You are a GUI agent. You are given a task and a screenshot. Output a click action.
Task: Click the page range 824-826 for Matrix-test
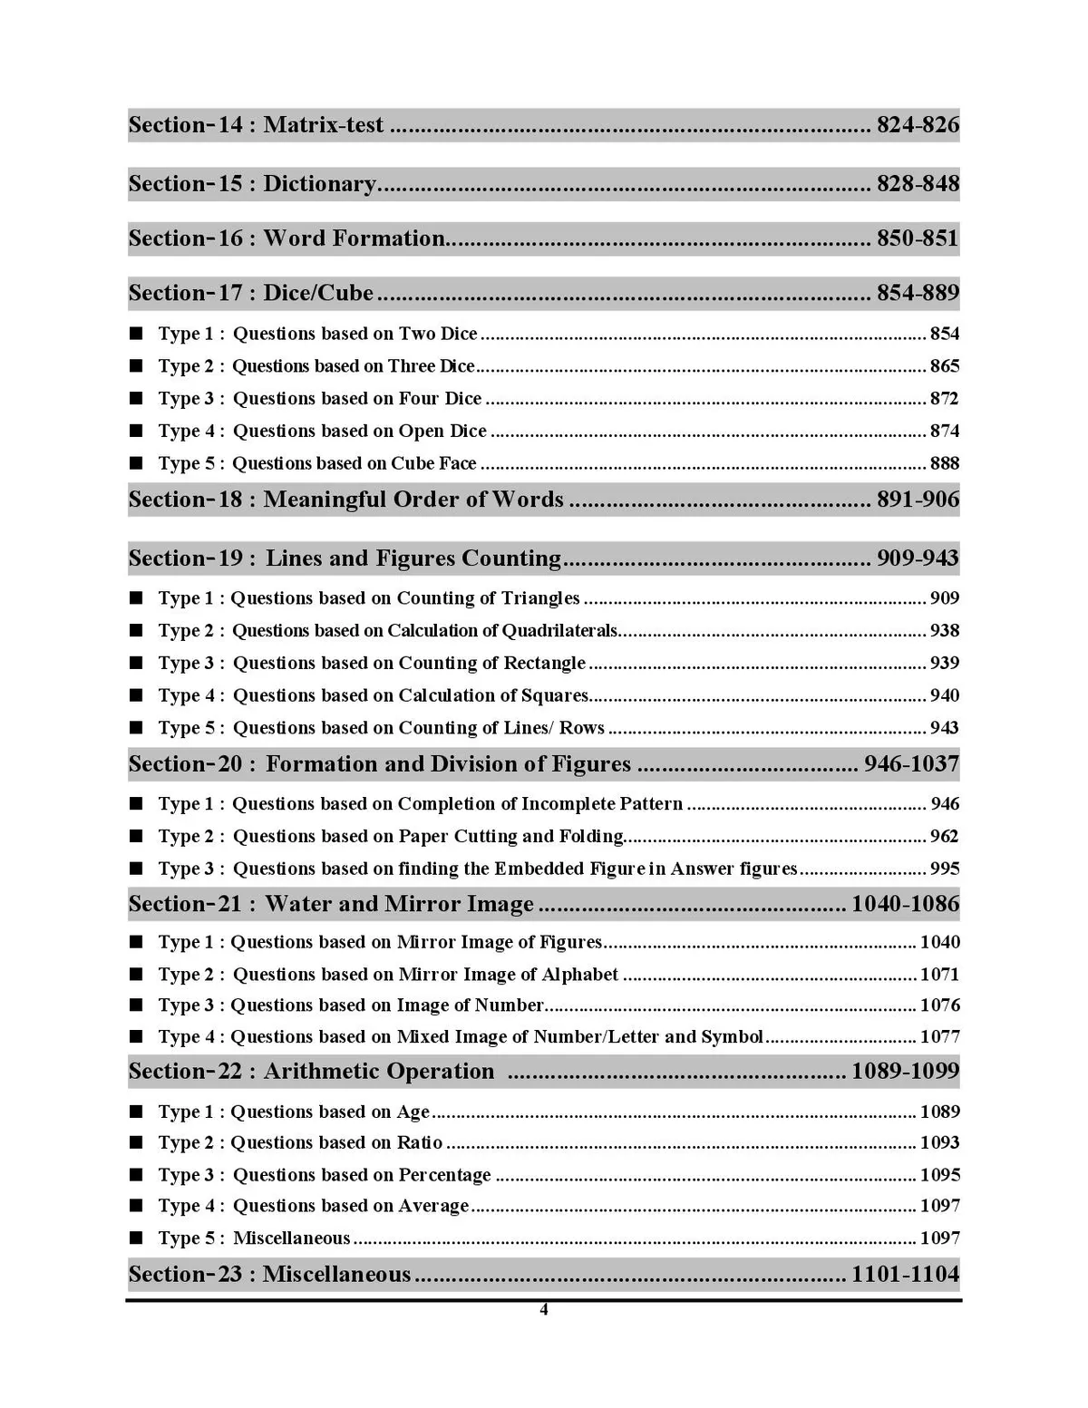tap(917, 125)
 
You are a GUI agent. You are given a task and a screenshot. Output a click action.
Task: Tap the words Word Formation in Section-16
tap(354, 238)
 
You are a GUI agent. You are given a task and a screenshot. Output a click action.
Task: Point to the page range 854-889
tap(917, 293)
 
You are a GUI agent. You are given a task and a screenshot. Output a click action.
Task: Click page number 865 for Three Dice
tap(944, 366)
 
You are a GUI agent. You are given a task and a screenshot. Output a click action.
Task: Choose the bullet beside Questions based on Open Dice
tap(136, 432)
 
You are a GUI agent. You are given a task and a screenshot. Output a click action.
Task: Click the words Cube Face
tap(433, 463)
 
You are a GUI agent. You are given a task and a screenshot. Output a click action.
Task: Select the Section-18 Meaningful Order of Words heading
tap(345, 500)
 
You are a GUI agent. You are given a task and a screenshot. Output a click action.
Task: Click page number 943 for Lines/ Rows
tap(944, 728)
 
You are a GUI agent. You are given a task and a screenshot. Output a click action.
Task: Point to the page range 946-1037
tap(910, 764)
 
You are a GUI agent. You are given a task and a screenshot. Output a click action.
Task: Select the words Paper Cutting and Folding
tap(510, 837)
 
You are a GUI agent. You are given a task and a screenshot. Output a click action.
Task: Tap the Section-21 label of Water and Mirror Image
tap(186, 904)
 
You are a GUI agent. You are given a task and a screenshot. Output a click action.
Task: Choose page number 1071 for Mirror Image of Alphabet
tap(939, 975)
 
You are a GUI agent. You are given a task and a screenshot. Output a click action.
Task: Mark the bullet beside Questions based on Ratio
tap(136, 1143)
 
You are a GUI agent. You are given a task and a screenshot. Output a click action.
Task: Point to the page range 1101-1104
tap(904, 1275)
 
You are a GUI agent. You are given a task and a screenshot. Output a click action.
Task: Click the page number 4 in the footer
tap(544, 1309)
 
